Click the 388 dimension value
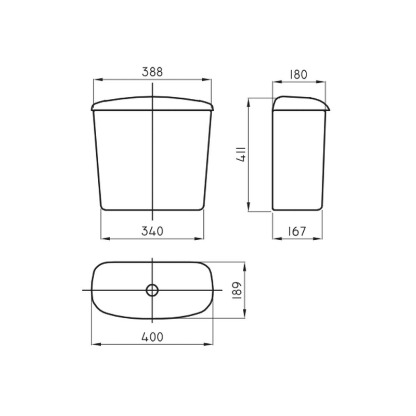[x=152, y=72]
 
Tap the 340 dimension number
[x=152, y=231]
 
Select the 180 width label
[x=298, y=74]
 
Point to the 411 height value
[x=241, y=154]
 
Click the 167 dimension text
[x=297, y=231]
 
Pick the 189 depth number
[x=237, y=291]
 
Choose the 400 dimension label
[x=152, y=337]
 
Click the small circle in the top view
[x=152, y=290]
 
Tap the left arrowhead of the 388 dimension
[x=98, y=80]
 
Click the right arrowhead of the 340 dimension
[x=199, y=239]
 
